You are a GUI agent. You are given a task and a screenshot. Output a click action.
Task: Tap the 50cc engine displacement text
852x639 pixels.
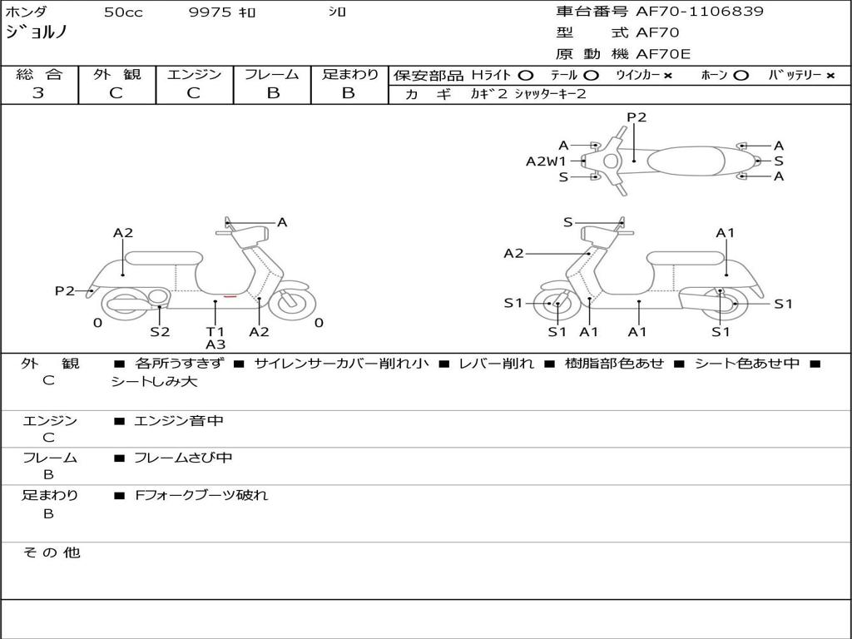pos(123,12)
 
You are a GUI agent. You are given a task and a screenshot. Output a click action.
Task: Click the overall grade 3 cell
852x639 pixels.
pos(38,93)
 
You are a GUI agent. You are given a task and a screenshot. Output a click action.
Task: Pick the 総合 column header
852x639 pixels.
pos(39,75)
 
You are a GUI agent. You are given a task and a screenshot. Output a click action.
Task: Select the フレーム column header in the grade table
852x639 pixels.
pos(272,75)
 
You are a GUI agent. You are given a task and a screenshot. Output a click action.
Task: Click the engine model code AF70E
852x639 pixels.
pos(663,54)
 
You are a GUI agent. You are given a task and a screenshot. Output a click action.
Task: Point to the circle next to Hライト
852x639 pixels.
pos(526,76)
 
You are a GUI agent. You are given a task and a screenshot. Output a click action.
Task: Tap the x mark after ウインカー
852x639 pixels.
pos(668,76)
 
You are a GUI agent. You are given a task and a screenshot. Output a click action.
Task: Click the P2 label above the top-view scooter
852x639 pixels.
pos(637,117)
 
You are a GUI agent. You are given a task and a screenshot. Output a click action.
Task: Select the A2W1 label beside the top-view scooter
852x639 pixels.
pos(546,161)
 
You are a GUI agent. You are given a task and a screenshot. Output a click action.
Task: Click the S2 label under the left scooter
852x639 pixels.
pos(160,331)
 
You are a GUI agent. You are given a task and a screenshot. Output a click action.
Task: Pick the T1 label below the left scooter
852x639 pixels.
pos(215,331)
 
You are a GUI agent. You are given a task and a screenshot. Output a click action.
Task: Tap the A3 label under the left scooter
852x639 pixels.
pos(215,344)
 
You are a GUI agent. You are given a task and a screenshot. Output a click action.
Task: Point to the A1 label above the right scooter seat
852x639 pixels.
pos(726,233)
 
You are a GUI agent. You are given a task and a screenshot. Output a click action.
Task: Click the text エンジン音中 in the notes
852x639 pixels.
pos(179,421)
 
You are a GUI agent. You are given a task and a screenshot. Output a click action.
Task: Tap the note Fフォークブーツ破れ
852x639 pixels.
pos(201,495)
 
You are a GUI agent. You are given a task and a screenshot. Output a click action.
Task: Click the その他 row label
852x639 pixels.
pos(52,552)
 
